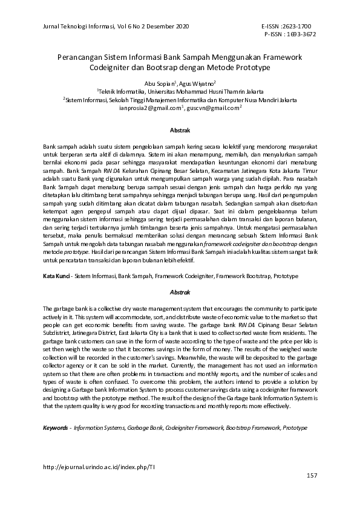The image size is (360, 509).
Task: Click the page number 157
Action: coord(312,476)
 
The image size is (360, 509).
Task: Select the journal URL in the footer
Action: coord(100,467)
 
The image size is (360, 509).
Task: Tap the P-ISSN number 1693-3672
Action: coord(299,34)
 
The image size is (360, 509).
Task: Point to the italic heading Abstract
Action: coord(180,292)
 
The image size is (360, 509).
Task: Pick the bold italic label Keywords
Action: coord(56,428)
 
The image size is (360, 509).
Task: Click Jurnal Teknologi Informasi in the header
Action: coord(79,27)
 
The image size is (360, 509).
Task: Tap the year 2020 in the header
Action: coord(180,27)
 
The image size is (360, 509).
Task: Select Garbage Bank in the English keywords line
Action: coord(145,428)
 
